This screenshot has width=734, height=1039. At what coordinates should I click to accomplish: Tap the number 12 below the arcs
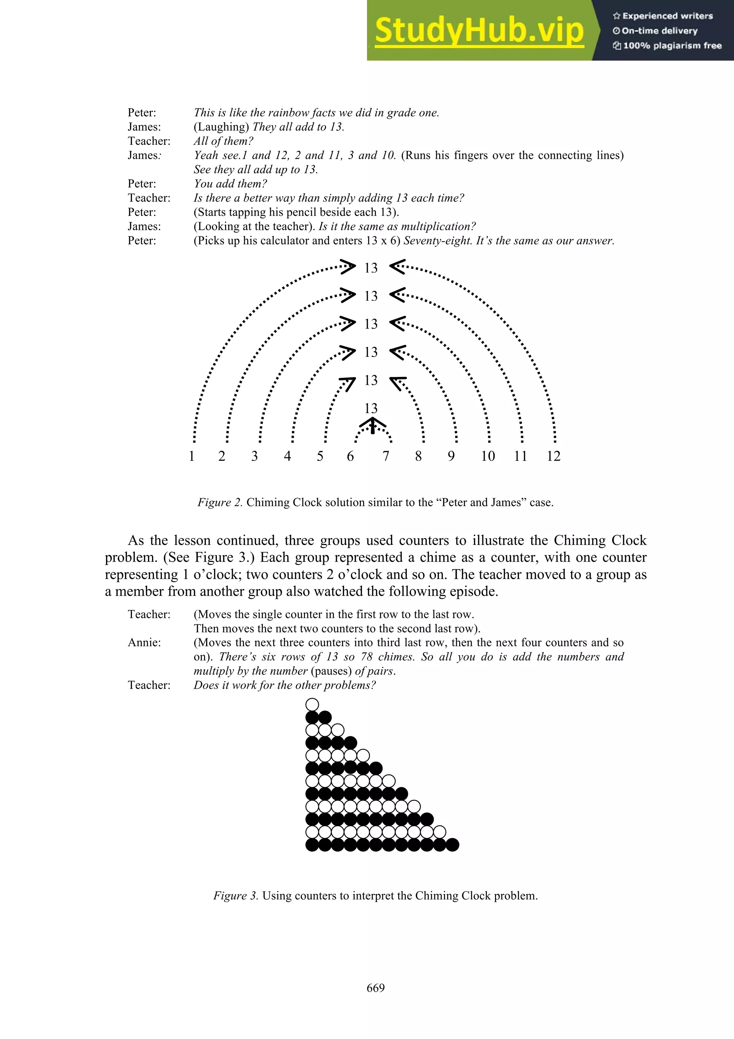point(553,456)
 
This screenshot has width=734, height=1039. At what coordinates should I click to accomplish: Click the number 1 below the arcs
point(191,456)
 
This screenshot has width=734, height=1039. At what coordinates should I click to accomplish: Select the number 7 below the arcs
point(386,456)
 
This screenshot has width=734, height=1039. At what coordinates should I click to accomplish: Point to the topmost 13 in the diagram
point(371,268)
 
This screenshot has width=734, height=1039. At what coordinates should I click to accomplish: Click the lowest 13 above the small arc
point(371,408)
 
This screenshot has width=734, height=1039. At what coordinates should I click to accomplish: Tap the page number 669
point(375,988)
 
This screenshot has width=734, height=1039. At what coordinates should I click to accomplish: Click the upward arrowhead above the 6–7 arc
point(372,424)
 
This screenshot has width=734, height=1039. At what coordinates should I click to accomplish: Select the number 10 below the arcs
point(487,456)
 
